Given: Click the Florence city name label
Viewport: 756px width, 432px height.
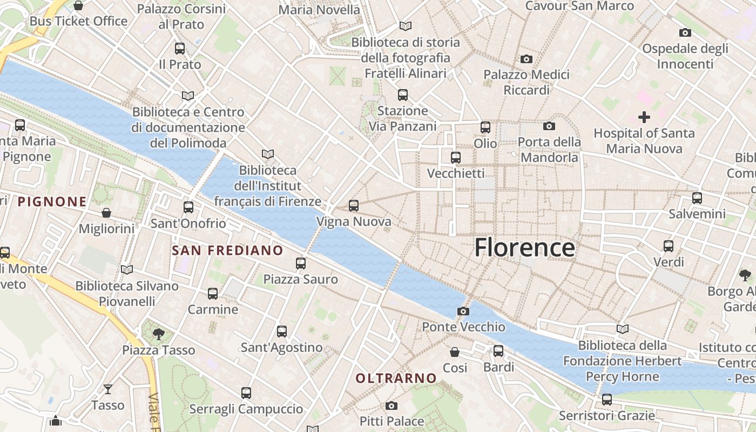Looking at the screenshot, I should (x=524, y=248).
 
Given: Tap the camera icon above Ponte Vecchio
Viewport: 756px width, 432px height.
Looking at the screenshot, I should (x=463, y=311).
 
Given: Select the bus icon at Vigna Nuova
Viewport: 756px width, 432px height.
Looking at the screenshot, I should (x=354, y=206).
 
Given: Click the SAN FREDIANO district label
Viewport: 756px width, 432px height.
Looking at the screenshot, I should (x=227, y=251).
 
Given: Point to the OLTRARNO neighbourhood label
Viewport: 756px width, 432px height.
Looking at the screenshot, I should (x=396, y=379).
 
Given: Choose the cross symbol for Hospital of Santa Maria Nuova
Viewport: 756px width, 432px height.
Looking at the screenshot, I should (x=644, y=117).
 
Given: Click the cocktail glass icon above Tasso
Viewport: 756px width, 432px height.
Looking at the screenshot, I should (x=108, y=389).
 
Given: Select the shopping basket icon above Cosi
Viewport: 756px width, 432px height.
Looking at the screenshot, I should (x=455, y=352).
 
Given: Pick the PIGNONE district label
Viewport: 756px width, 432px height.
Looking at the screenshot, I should (x=52, y=202).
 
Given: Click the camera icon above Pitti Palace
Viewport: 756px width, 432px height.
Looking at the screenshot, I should (x=391, y=406).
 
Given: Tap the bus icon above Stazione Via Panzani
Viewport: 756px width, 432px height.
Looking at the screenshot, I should (x=402, y=95).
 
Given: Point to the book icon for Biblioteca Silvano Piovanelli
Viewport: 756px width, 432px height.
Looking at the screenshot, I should (x=127, y=269).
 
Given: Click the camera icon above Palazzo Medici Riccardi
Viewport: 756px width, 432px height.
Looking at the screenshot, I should (x=526, y=59).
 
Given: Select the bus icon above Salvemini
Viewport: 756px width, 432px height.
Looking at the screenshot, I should (x=697, y=198).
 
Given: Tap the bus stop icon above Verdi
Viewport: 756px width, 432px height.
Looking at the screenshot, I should (x=669, y=246).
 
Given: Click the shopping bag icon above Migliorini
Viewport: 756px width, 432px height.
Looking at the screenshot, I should (x=106, y=213).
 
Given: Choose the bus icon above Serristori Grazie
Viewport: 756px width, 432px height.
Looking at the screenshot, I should (x=607, y=400).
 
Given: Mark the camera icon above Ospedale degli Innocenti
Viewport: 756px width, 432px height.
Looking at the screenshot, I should (x=685, y=33).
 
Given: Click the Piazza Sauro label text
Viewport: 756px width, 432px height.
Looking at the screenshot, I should (x=300, y=279).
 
